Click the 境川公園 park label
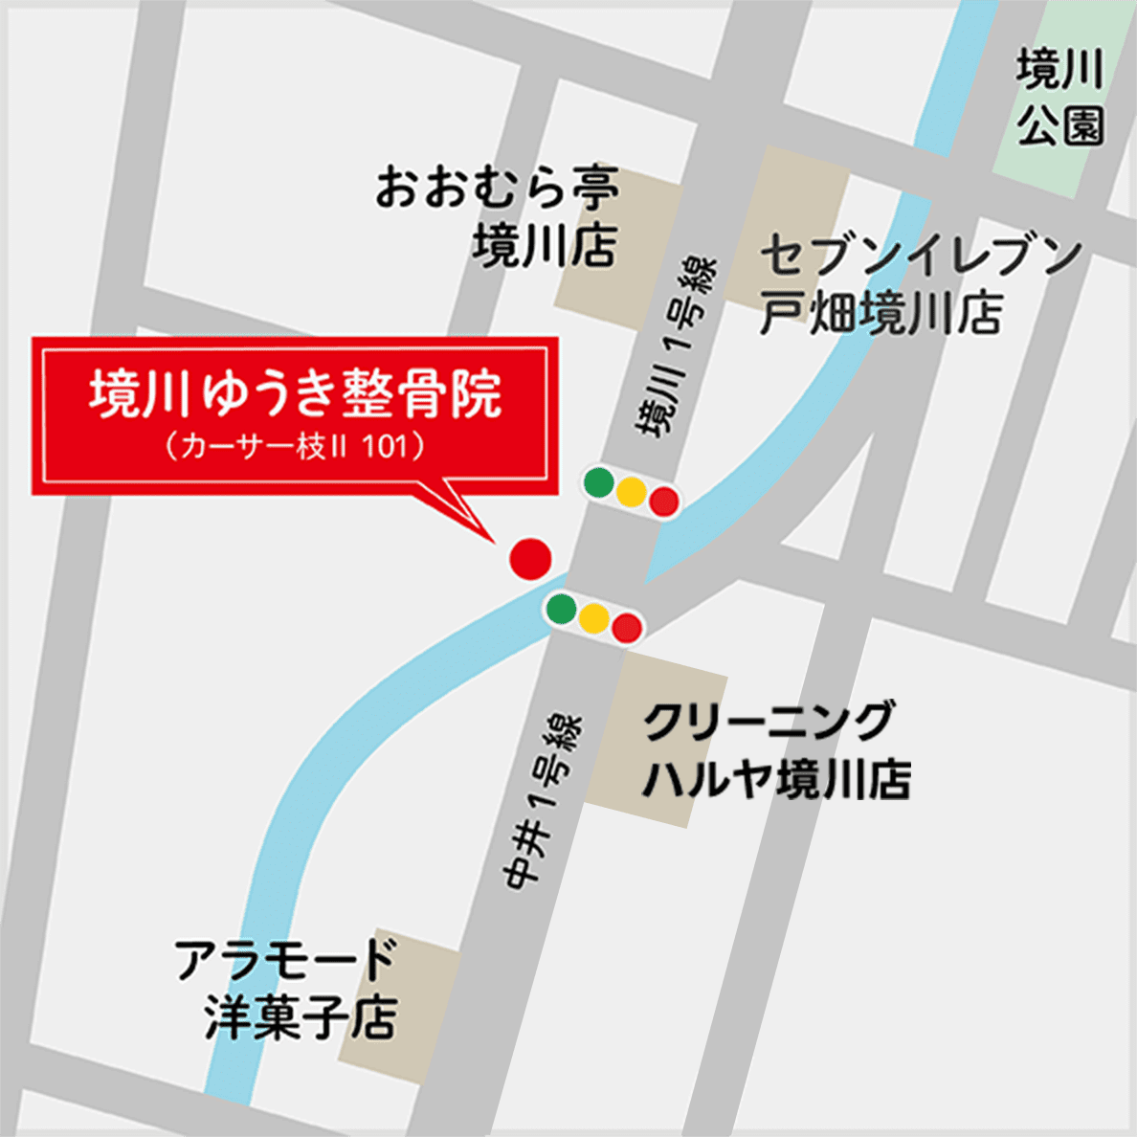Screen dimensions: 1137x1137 click(1060, 99)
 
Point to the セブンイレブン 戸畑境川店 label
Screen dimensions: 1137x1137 click(920, 284)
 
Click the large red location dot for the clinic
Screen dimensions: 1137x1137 click(530, 558)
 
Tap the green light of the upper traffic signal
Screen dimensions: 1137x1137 click(599, 482)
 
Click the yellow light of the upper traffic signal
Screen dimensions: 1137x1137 click(632, 492)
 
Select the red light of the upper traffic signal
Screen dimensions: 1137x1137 click(663, 502)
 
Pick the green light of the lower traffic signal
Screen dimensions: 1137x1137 click(561, 608)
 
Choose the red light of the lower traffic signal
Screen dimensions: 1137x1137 click(627, 628)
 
